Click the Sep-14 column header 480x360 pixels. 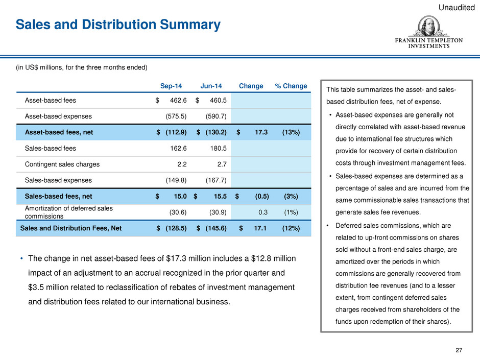point(171,86)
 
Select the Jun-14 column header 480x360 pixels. point(211,86)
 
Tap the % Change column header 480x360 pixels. point(291,86)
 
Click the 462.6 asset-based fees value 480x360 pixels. point(178,101)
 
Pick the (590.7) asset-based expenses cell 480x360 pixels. point(216,116)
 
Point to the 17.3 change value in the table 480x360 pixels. point(261,132)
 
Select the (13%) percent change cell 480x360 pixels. point(291,132)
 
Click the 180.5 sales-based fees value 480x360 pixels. point(218,149)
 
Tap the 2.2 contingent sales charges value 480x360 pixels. point(182,164)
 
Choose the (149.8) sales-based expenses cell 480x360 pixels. point(176,180)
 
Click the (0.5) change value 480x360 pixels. point(262,196)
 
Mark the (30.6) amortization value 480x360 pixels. point(178,212)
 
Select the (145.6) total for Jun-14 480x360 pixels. point(216,228)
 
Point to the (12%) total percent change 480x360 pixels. point(291,228)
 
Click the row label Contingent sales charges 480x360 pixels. point(62,164)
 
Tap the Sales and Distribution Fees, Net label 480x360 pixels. point(70,228)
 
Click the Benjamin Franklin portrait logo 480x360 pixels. point(428,27)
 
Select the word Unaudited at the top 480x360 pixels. point(457,7)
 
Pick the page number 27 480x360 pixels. point(459,350)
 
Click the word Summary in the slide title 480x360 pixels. point(190,25)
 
